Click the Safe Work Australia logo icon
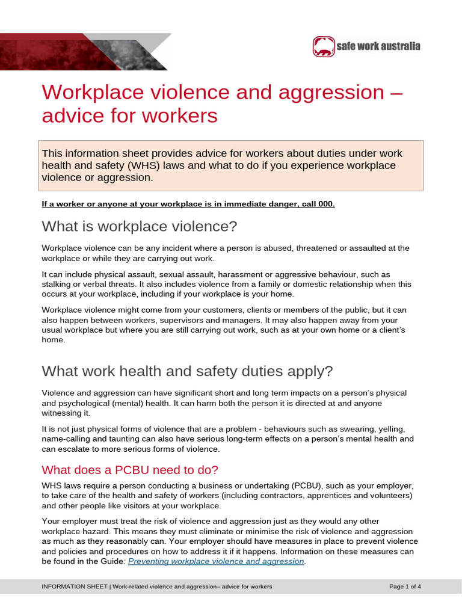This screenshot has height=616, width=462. click(x=323, y=46)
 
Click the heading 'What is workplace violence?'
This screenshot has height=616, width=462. click(x=140, y=227)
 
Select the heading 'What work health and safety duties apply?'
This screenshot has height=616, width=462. click(x=187, y=371)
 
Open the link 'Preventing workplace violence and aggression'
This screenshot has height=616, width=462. click(x=217, y=561)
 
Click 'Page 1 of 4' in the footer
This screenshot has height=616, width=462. click(x=405, y=586)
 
